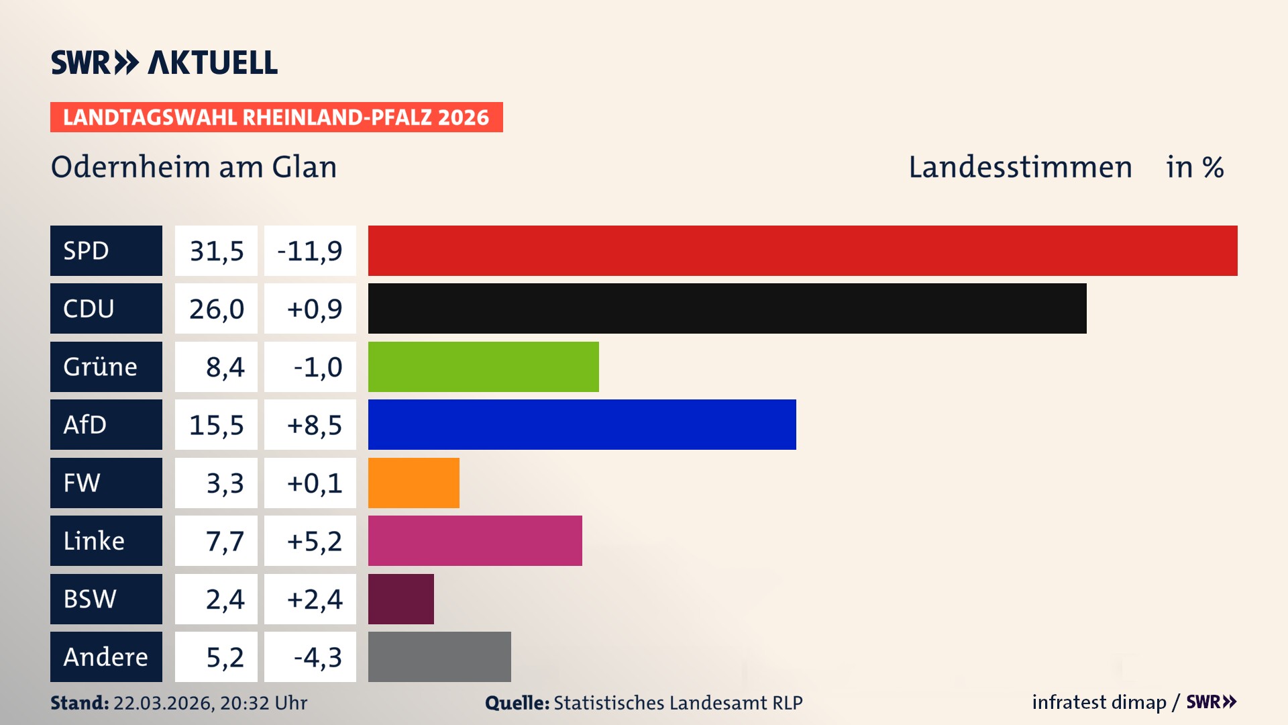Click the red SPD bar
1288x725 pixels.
point(802,250)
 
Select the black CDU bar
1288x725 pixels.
point(727,308)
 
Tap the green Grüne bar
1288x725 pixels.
point(483,367)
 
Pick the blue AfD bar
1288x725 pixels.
point(582,424)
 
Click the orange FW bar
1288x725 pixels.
point(413,483)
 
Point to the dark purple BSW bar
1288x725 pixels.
point(400,599)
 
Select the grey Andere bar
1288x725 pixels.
point(439,657)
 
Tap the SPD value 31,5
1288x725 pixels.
point(216,250)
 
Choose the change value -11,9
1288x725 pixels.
point(310,250)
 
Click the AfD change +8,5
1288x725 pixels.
point(314,424)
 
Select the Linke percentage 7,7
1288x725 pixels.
point(225,540)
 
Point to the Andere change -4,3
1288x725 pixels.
point(317,657)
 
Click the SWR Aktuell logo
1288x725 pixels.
point(164,62)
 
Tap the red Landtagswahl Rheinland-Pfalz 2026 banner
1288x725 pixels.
point(276,117)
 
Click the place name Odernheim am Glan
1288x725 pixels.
point(194,166)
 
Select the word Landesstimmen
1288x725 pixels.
point(1020,166)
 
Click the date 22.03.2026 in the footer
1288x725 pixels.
point(162,703)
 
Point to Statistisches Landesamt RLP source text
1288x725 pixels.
point(678,703)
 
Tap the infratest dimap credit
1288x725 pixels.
point(1099,702)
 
